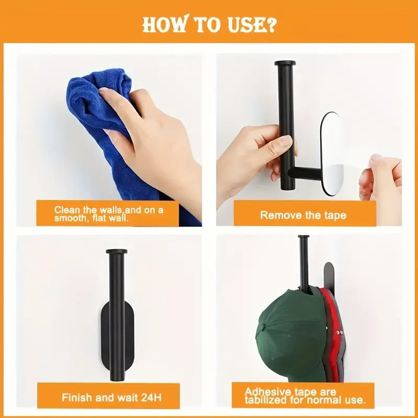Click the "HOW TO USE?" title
click(209, 24)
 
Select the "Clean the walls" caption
click(109, 214)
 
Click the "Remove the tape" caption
click(303, 215)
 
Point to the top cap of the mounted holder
click(116, 252)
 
